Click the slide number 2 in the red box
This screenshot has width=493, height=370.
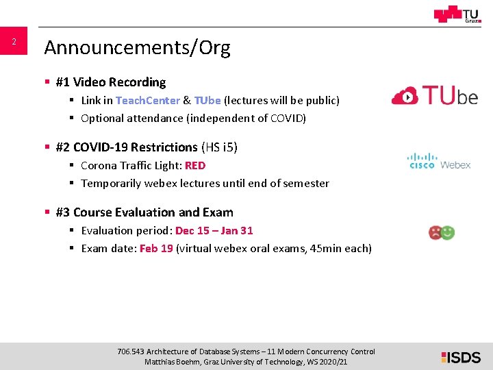pyautogui.click(x=13, y=42)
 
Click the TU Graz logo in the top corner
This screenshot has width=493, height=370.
pyautogui.click(x=457, y=14)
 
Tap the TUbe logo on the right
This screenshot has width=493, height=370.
pyautogui.click(x=435, y=96)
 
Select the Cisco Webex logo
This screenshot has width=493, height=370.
pyautogui.click(x=439, y=162)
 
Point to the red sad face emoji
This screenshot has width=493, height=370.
pyautogui.click(x=435, y=232)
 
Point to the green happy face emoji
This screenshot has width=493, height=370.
pyautogui.click(x=448, y=232)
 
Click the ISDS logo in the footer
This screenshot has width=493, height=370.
pyautogui.click(x=461, y=356)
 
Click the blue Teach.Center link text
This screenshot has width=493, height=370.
pyautogui.click(x=147, y=100)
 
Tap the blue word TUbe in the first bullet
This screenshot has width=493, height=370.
pyautogui.click(x=207, y=100)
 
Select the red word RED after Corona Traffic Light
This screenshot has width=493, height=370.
pyautogui.click(x=194, y=165)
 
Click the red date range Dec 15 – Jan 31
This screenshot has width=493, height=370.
pyautogui.click(x=214, y=230)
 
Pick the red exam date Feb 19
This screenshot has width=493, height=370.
pyautogui.click(x=156, y=248)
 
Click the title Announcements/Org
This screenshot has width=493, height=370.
pyautogui.click(x=137, y=47)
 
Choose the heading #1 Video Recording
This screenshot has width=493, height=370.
pyautogui.click(x=111, y=82)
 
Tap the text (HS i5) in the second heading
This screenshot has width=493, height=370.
pyautogui.click(x=219, y=147)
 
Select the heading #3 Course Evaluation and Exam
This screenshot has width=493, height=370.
pyautogui.click(x=144, y=212)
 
